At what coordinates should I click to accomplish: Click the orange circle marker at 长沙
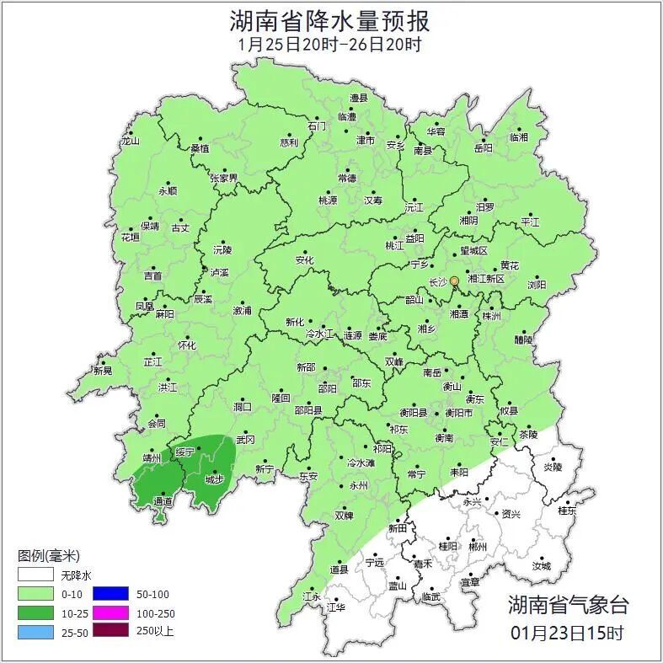455,281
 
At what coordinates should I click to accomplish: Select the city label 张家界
224,179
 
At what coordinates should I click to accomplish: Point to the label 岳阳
483,148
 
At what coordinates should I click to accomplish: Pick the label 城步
214,480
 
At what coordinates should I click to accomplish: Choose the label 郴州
478,546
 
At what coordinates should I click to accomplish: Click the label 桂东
567,511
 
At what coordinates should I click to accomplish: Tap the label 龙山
130,142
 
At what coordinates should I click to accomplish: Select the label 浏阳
536,285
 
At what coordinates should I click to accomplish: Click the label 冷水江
319,334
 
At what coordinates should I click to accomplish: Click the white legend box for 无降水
35,575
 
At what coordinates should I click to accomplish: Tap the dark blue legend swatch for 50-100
109,593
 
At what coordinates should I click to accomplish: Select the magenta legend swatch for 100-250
109,612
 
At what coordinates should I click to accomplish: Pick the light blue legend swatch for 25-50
35,630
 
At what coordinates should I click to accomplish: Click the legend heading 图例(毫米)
48,556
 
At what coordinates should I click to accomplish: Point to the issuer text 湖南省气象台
567,604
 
